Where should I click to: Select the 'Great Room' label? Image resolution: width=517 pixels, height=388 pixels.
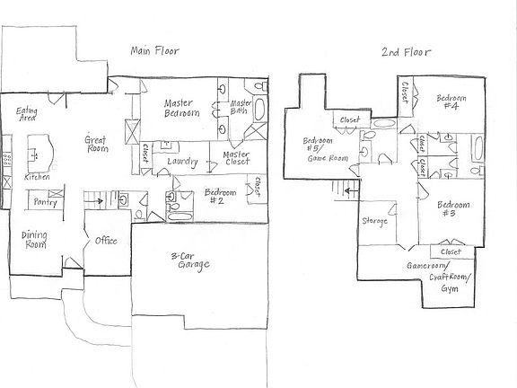point(96,145)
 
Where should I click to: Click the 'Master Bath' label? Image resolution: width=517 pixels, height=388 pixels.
point(239,108)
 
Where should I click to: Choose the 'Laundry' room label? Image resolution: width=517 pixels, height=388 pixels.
point(181,163)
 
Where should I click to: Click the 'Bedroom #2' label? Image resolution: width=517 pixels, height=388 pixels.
point(221,198)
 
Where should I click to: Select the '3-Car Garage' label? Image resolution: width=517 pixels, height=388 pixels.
point(190,262)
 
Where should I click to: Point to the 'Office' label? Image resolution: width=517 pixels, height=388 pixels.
point(107,241)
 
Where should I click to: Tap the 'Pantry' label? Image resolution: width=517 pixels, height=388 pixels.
point(45,203)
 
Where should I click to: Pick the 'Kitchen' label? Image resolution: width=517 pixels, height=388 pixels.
point(36,178)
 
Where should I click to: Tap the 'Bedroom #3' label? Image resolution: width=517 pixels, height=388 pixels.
point(450,209)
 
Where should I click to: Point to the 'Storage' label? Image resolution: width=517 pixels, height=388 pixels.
point(374,221)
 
